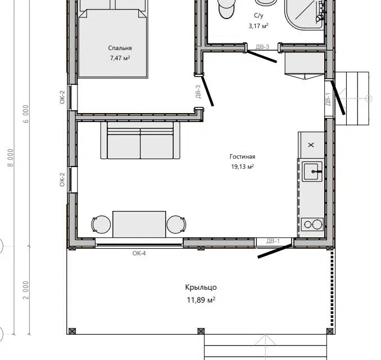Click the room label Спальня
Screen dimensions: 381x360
(x=120, y=48)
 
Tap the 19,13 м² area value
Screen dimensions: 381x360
(x=243, y=166)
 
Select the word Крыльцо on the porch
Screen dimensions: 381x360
(x=201, y=287)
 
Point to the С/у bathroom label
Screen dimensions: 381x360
(x=258, y=15)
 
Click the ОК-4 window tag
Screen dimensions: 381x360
(x=139, y=253)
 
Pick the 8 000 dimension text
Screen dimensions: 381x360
(x=11, y=158)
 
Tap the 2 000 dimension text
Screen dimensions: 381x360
(x=26, y=290)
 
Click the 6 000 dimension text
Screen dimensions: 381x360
(x=26, y=114)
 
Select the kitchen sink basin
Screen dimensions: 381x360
(x=312, y=172)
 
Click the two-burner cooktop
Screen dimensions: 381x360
(x=312, y=224)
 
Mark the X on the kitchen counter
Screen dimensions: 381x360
(x=311, y=145)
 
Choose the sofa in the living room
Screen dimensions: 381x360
(x=140, y=141)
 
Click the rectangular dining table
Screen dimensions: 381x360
(x=139, y=224)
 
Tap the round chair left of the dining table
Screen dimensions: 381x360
(x=101, y=224)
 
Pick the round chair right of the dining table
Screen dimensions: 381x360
(x=176, y=224)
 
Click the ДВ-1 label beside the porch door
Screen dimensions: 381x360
(x=273, y=241)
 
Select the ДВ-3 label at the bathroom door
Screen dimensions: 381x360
(x=262, y=47)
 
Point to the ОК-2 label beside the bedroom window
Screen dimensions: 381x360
(x=62, y=97)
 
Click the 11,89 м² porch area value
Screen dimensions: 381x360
(x=201, y=300)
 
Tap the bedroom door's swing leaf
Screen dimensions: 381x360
(x=207, y=91)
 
